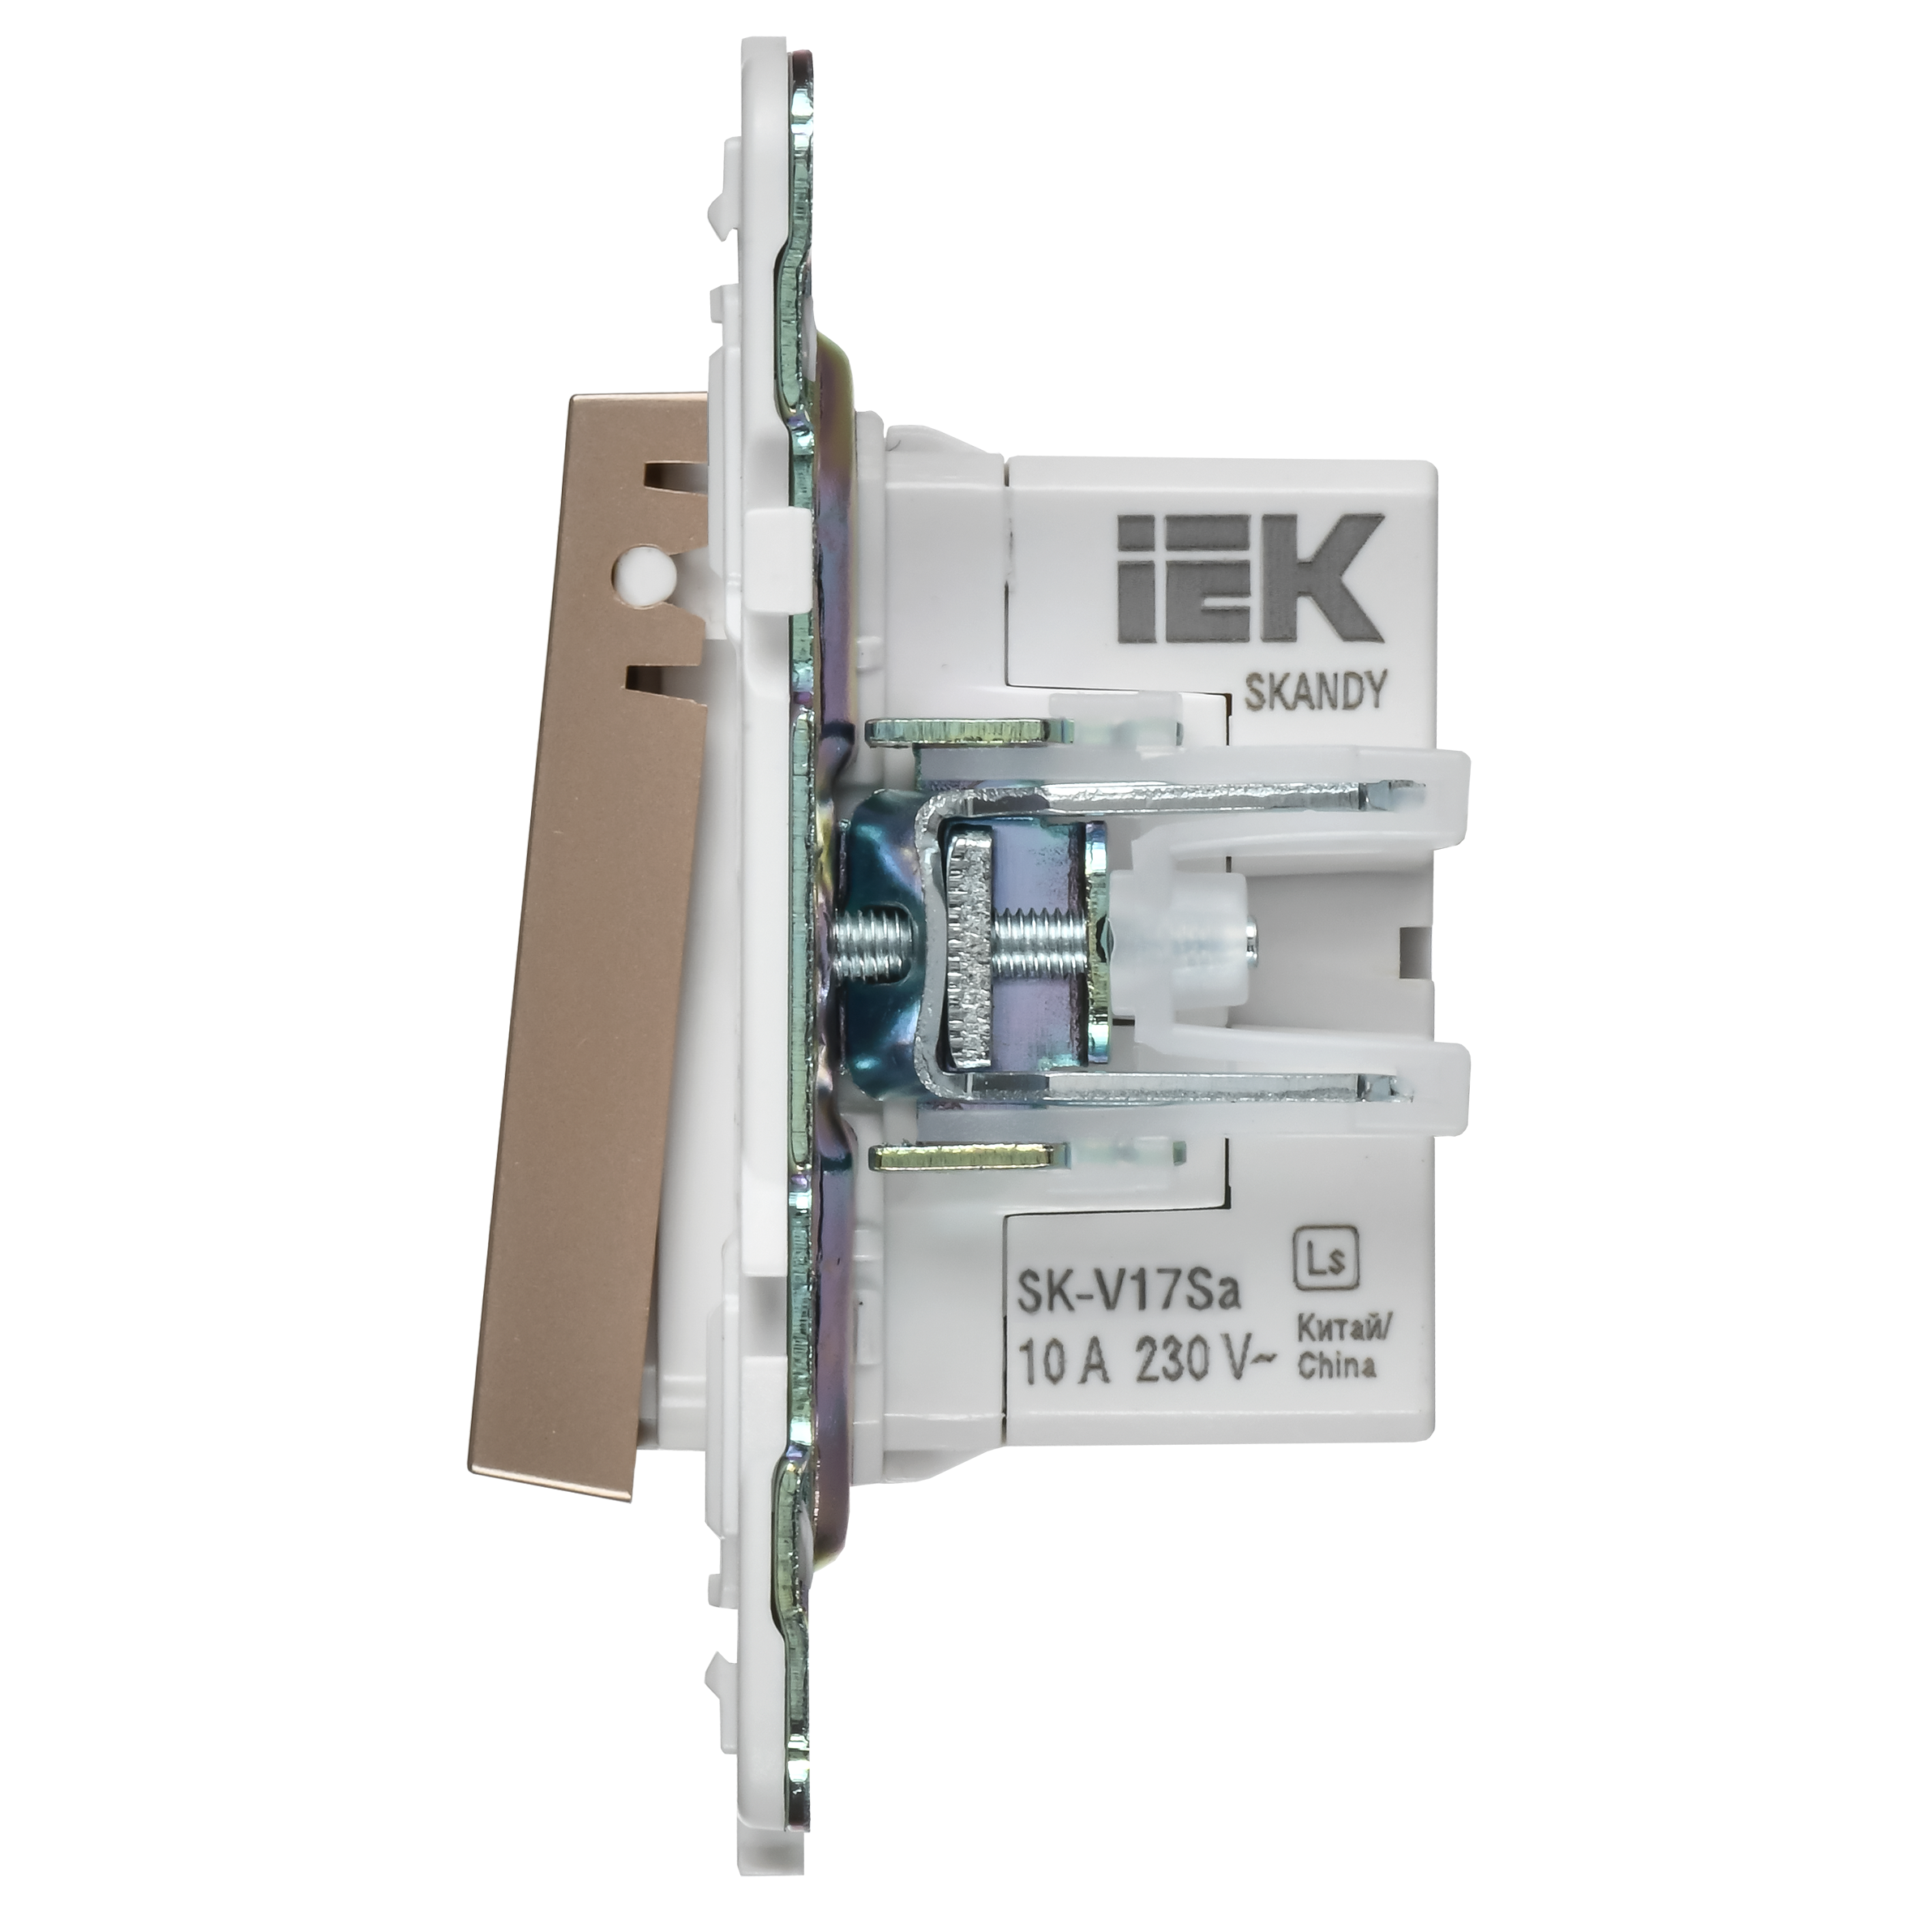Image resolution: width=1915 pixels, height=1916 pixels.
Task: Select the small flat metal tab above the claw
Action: (967, 732)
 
